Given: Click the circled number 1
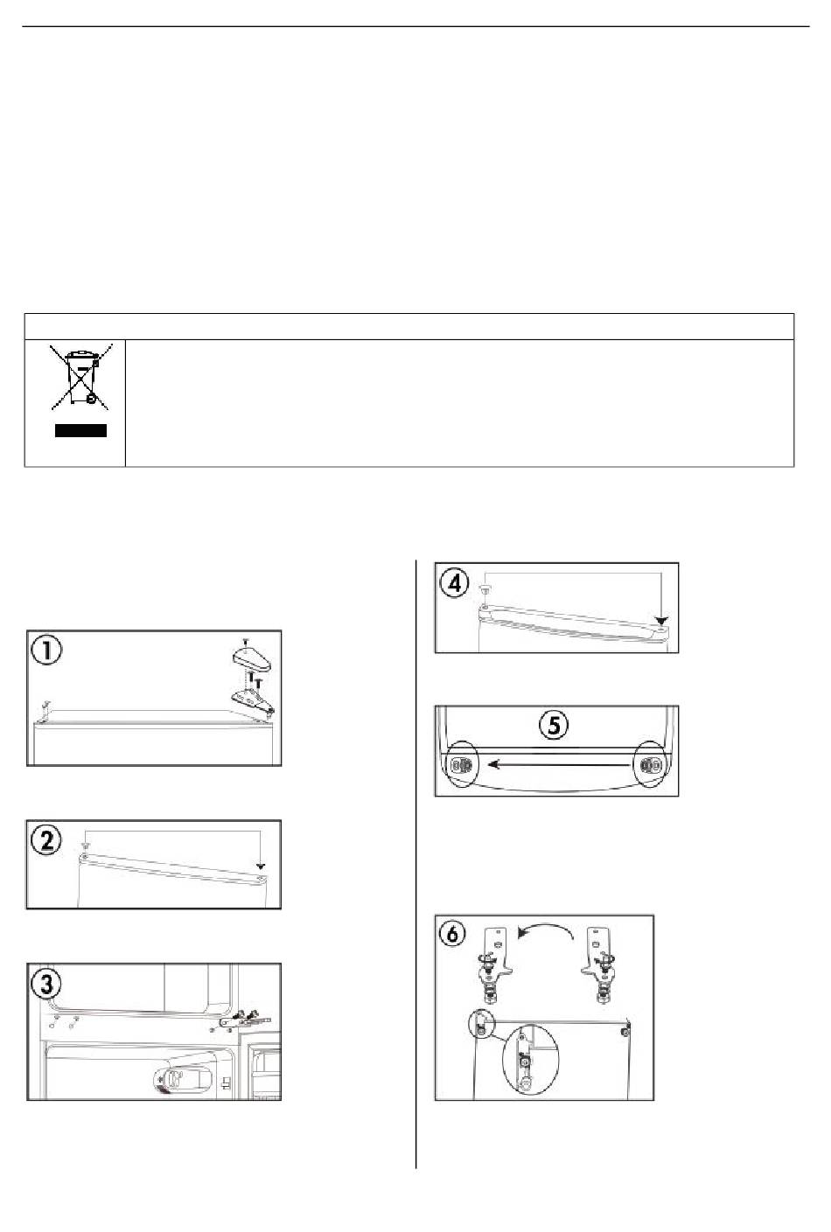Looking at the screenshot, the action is click(46, 650).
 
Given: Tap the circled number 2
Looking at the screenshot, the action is click(46, 841).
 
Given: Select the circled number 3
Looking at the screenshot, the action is click(46, 985).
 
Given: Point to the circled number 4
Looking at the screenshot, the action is click(455, 582).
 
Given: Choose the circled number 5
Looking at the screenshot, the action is click(555, 725).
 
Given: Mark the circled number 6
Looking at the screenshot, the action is click(453, 934).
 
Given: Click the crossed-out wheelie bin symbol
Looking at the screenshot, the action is click(80, 377).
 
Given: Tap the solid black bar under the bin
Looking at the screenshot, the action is click(80, 430).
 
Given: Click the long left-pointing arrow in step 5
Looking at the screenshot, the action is click(559, 764).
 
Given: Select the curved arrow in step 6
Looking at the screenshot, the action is click(545, 926).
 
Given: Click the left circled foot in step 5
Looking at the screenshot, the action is click(461, 764).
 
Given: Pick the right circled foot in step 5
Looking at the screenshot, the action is click(650, 764).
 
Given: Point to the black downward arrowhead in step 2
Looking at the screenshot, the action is click(261, 867).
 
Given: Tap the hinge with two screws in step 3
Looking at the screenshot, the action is click(243, 1019).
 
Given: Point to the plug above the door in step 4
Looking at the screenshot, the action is click(485, 589).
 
